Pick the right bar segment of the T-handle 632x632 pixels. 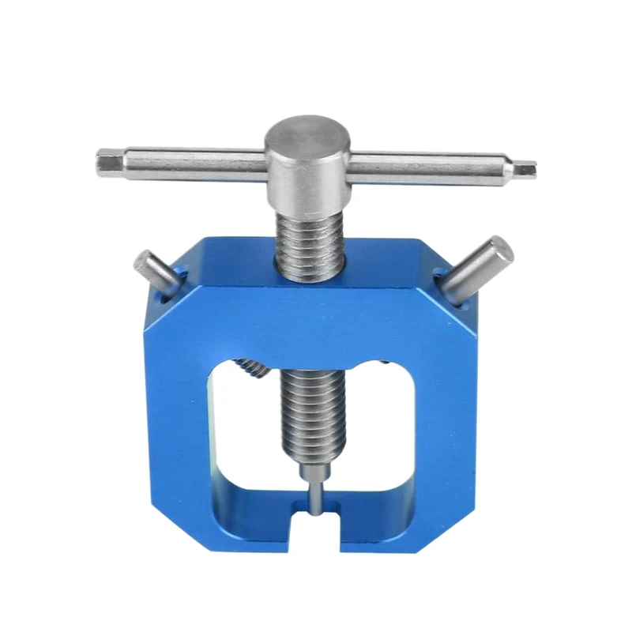[x=431, y=166]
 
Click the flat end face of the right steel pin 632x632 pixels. [x=500, y=250]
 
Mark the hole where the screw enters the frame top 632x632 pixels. [x=309, y=273]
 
